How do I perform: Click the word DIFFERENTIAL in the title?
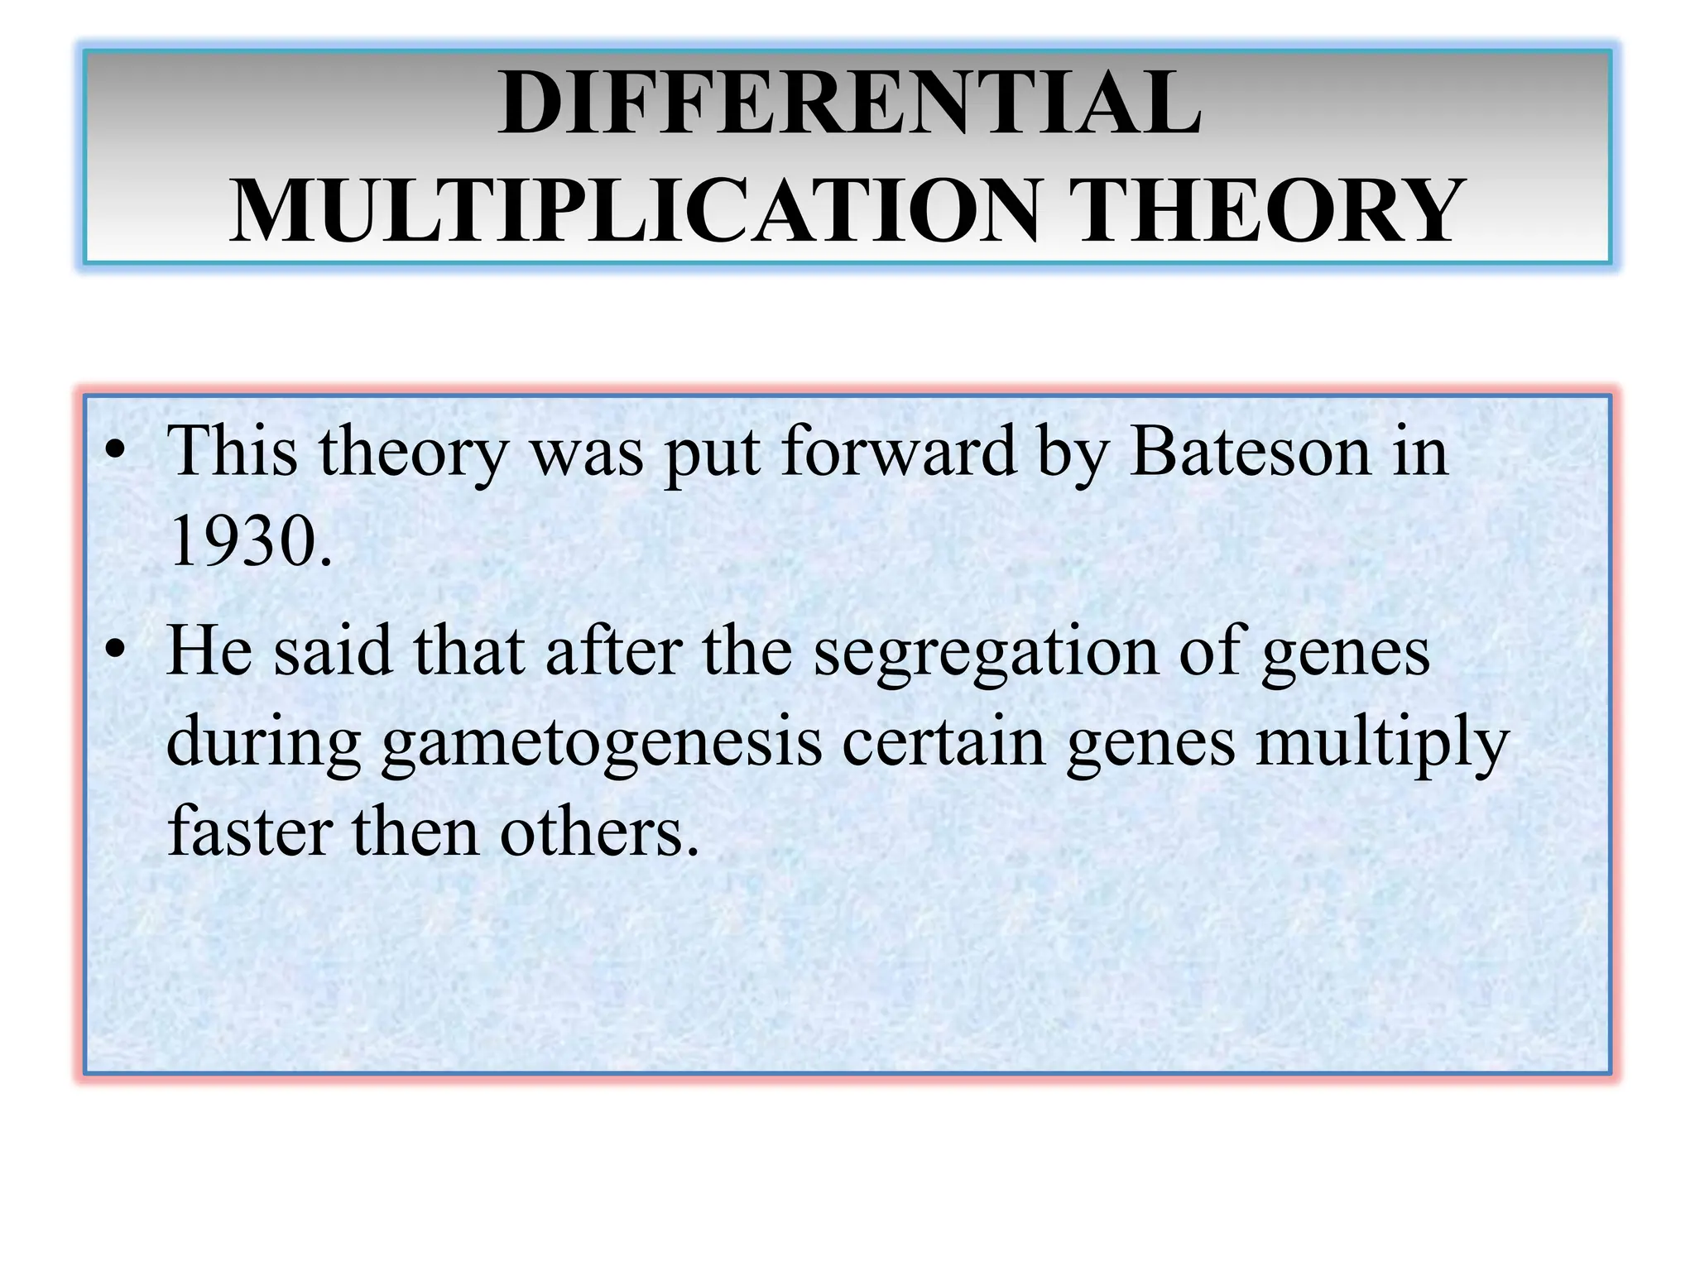(849, 103)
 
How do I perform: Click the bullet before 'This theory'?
(116, 453)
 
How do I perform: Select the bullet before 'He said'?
(116, 650)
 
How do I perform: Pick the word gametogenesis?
(602, 741)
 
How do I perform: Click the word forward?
(899, 452)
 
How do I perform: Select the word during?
(263, 741)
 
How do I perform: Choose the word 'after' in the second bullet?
(613, 650)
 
